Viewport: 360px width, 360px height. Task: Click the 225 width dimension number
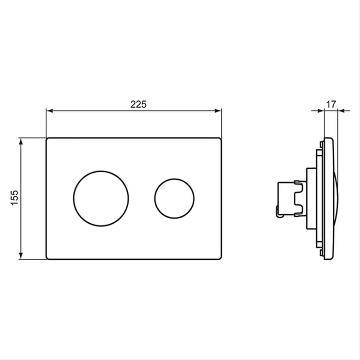click(x=138, y=104)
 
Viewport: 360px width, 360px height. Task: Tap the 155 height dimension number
click(x=15, y=198)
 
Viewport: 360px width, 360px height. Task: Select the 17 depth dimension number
click(x=331, y=104)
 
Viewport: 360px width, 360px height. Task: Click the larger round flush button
click(x=101, y=198)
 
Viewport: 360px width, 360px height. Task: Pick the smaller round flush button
click(x=174, y=198)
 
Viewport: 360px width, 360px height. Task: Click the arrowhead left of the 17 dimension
click(x=321, y=111)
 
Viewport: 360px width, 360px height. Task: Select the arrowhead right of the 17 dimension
click(x=341, y=111)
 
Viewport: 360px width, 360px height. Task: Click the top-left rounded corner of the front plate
click(x=47, y=139)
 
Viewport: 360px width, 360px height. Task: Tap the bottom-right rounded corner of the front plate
click(x=220, y=258)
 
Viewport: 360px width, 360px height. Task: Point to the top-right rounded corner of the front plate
click(x=220, y=139)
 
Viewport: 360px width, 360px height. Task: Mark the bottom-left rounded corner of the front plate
click(x=47, y=258)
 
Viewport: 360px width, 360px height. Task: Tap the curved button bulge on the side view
click(x=335, y=198)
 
